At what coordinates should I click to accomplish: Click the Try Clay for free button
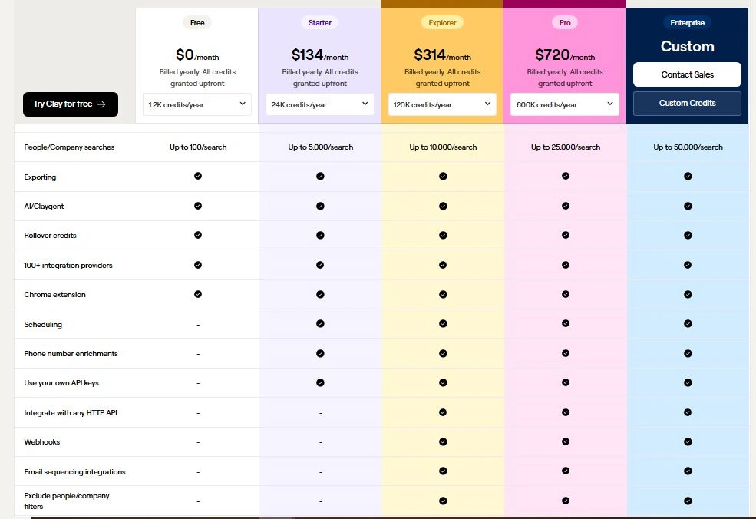(70, 104)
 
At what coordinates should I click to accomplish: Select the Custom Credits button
(687, 104)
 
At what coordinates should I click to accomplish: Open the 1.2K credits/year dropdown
(197, 104)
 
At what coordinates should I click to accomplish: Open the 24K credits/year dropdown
(320, 104)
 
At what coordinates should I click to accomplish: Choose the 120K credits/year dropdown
(442, 104)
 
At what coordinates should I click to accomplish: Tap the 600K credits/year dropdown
(565, 104)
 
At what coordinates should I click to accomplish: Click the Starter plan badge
(320, 23)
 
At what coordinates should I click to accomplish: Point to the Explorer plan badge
(442, 23)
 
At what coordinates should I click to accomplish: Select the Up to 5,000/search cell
(320, 147)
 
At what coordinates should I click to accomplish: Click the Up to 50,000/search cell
(688, 147)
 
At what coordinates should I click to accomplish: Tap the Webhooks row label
(42, 442)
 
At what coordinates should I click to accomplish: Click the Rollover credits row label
(50, 236)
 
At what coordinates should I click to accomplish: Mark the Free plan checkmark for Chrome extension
(198, 294)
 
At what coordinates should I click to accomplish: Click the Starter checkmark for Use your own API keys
(320, 382)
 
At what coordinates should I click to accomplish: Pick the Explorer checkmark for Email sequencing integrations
(443, 471)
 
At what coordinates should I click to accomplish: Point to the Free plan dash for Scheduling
(198, 325)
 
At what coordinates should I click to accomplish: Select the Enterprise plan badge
(687, 23)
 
